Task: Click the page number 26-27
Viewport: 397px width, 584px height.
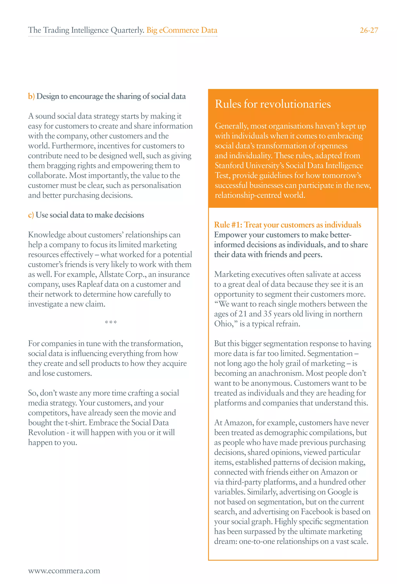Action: pos(369,30)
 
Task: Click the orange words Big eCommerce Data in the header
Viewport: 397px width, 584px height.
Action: pos(182,30)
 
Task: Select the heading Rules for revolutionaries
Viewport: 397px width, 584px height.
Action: pos(273,104)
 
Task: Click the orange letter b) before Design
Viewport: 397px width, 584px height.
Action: pos(31,96)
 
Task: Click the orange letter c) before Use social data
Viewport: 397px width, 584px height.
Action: pos(31,215)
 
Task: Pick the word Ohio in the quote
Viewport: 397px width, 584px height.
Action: pos(223,324)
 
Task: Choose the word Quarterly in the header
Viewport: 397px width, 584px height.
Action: pos(127,30)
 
